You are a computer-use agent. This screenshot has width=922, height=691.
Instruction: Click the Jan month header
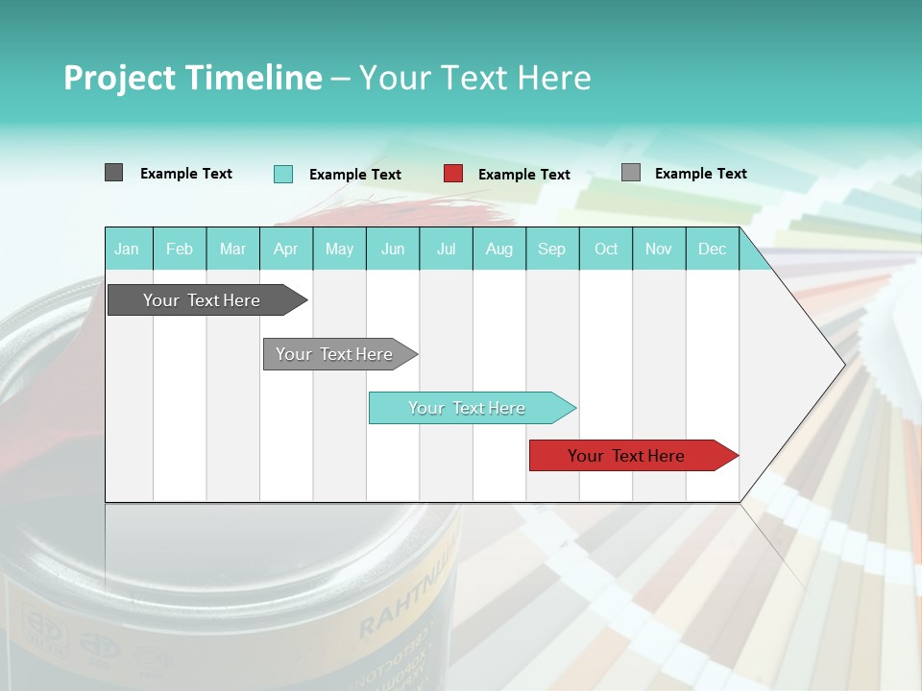127,249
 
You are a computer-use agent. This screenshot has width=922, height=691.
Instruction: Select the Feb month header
180,249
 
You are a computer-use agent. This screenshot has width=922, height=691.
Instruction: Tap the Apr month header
285,249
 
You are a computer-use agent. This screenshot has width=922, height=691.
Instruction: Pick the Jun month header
393,249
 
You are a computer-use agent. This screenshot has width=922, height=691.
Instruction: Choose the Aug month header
498,249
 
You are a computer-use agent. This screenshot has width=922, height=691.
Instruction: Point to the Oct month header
606,249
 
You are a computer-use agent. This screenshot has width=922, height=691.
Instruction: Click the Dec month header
712,249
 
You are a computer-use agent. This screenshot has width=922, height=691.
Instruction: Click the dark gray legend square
113,173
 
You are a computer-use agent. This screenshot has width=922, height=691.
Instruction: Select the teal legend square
282,174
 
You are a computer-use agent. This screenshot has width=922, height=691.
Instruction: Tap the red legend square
453,174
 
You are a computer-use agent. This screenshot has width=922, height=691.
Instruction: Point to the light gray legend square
630,173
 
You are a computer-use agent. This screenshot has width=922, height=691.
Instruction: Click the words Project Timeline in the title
192,78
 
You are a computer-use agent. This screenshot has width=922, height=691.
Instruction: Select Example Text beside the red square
523,175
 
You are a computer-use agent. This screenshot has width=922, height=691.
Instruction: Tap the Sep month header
551,249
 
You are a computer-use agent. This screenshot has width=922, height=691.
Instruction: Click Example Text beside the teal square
354,175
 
